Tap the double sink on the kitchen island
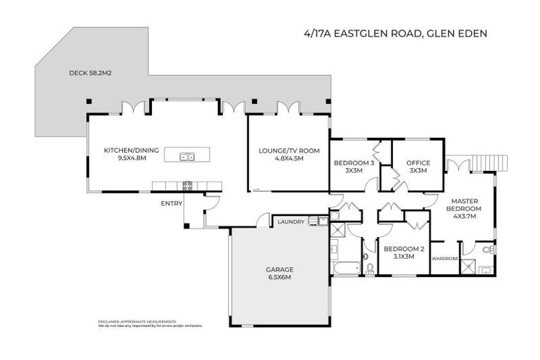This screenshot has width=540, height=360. pyautogui.click(x=187, y=156)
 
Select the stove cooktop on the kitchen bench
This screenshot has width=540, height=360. pyautogui.click(x=188, y=186)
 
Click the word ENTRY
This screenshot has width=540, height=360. pyautogui.click(x=172, y=204)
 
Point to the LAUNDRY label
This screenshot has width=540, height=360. pyautogui.click(x=290, y=221)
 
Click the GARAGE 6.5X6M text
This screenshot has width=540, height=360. pyautogui.click(x=279, y=273)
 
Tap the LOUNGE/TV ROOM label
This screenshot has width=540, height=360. pyautogui.click(x=289, y=153)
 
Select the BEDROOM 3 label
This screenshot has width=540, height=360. pyautogui.click(x=353, y=167)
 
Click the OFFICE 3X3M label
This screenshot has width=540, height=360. pyautogui.click(x=418, y=167)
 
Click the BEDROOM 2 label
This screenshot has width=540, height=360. pyautogui.click(x=403, y=252)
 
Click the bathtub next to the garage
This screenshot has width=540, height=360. pyautogui.click(x=347, y=268)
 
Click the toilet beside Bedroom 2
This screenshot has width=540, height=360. pyautogui.click(x=370, y=267)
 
